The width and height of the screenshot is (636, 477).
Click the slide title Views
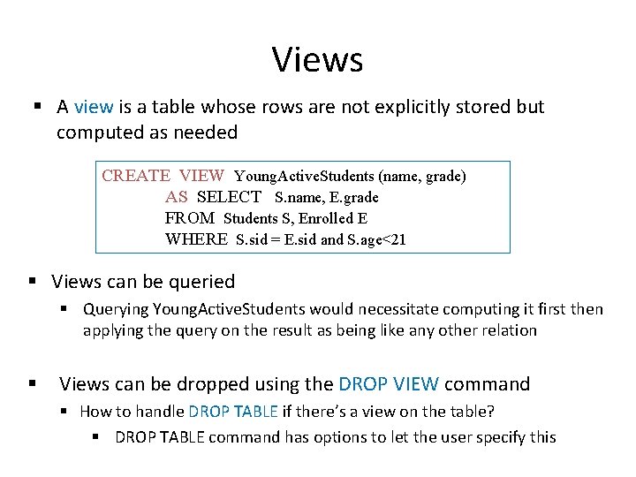point(317,60)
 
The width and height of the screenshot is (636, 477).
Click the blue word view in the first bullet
point(94,107)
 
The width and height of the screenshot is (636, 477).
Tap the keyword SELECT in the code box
point(229,197)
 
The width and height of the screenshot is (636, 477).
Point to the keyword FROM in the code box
point(189,218)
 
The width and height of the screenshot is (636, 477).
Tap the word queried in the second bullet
point(202,282)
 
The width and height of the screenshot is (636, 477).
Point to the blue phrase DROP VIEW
point(389,384)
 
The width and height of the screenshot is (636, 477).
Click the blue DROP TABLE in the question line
point(233,411)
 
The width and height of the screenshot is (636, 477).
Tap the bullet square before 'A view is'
point(38,108)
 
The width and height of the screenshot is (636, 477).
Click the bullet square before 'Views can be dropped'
point(32,385)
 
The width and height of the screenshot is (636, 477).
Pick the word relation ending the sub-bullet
point(506,330)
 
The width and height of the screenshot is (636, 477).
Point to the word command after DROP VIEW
point(487,384)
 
